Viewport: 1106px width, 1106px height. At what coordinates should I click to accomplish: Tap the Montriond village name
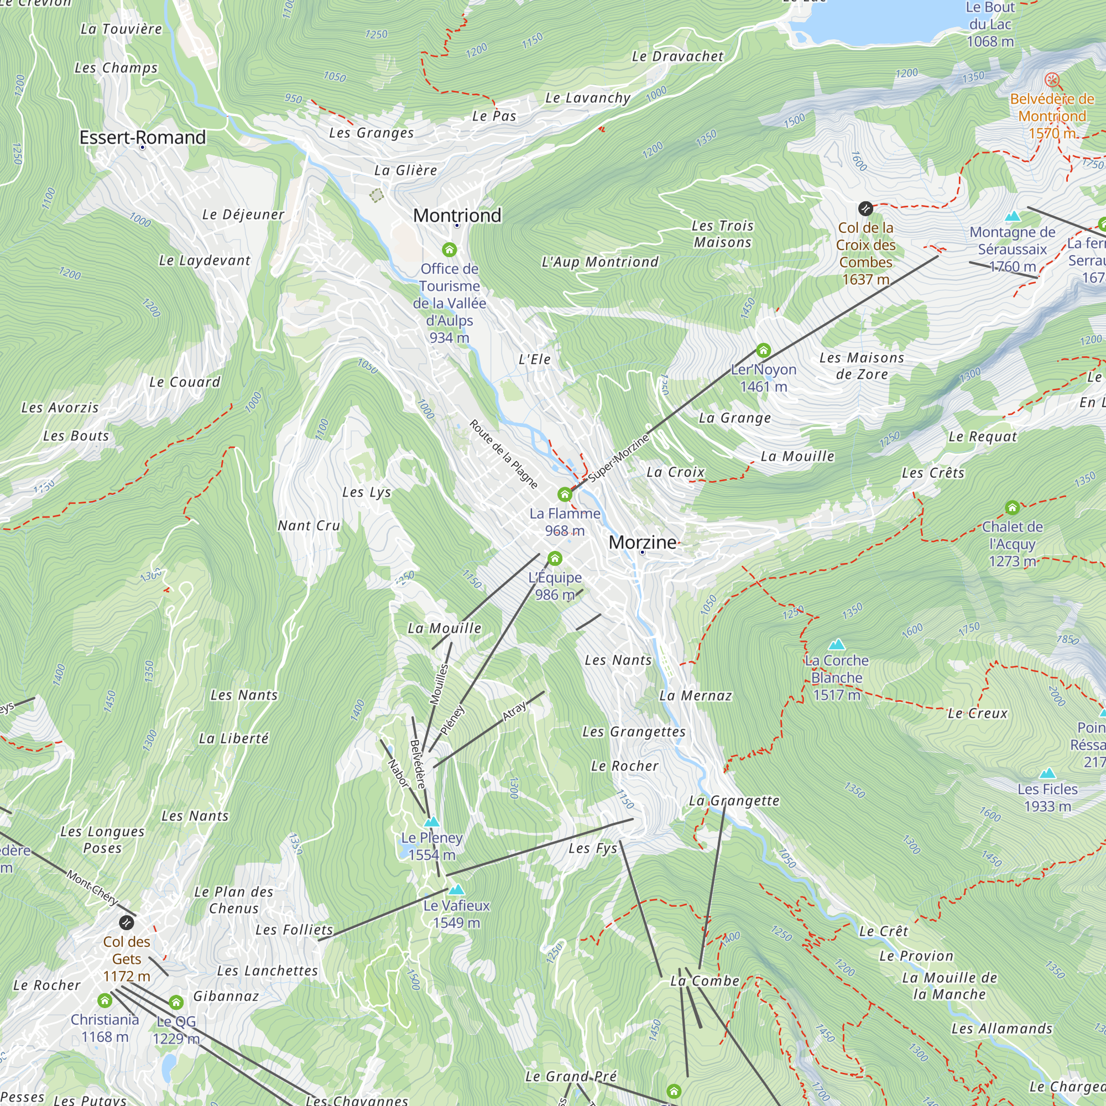coord(457,215)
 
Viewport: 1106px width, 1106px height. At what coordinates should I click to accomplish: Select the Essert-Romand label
coord(143,137)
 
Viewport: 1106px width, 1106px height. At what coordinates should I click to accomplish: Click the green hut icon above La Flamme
coord(565,494)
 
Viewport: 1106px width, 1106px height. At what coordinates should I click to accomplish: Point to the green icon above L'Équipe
coord(555,558)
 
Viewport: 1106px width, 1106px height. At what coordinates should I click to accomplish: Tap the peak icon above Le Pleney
coord(432,822)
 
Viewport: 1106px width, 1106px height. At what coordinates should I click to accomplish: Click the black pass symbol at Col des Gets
coord(126,922)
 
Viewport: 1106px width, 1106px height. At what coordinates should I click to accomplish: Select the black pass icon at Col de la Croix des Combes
coord(865,208)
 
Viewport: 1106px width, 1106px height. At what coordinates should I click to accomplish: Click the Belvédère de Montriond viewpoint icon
coord(1052,80)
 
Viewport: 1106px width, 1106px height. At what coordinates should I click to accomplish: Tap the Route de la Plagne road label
coord(504,454)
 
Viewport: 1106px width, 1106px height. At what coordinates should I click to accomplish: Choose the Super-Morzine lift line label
coord(619,457)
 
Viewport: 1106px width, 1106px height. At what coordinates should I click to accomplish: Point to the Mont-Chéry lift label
coord(92,888)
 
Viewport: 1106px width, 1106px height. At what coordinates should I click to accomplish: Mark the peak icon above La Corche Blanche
coord(836,644)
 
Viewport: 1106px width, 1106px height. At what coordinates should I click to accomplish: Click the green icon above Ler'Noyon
coord(763,350)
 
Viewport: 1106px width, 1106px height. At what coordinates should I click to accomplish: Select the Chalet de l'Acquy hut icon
coord(1012,507)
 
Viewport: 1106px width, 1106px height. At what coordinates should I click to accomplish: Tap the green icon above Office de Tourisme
coord(450,249)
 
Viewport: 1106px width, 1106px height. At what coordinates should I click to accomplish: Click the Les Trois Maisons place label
coord(722,234)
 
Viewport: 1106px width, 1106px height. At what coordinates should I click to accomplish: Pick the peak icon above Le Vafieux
coord(456,889)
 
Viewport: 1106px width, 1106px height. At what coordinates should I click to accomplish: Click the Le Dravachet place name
coord(677,56)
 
